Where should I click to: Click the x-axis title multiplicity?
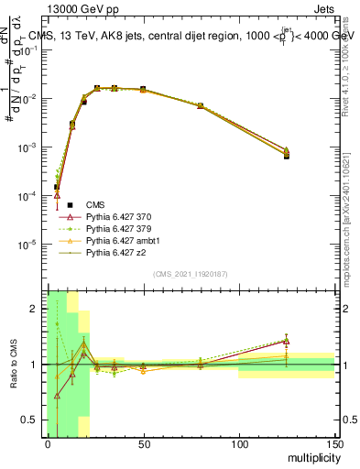[311, 455]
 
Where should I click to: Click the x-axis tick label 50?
[143, 443]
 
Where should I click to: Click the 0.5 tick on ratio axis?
[34, 420]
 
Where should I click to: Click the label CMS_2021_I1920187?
[190, 274]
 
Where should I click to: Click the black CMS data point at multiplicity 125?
[286, 156]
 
